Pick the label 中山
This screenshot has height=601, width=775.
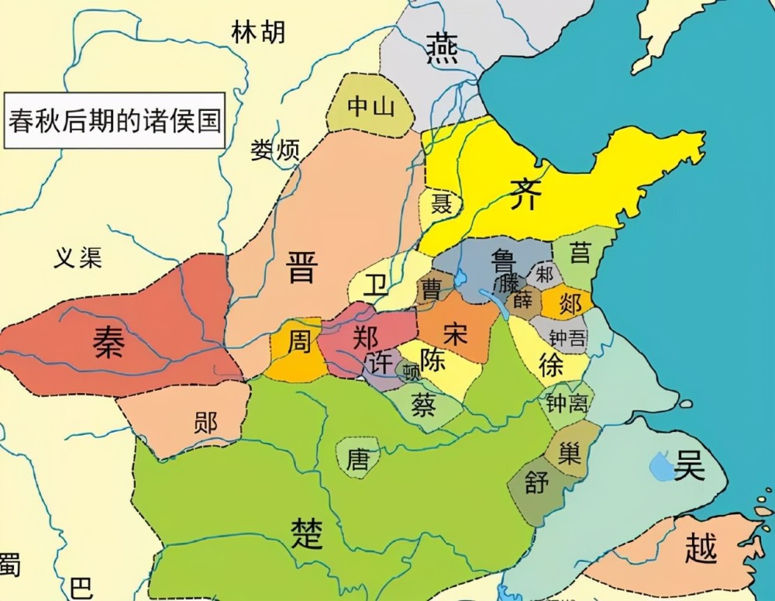[370, 106]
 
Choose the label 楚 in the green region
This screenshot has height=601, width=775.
[306, 533]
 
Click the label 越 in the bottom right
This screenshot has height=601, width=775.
[701, 548]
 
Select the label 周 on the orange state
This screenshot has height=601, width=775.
[298, 342]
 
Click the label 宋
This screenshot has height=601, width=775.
[456, 333]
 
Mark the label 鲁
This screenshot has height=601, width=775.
[505, 260]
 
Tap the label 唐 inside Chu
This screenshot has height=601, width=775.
[357, 459]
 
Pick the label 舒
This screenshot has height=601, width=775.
[536, 482]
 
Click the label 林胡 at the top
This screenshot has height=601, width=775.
[258, 32]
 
